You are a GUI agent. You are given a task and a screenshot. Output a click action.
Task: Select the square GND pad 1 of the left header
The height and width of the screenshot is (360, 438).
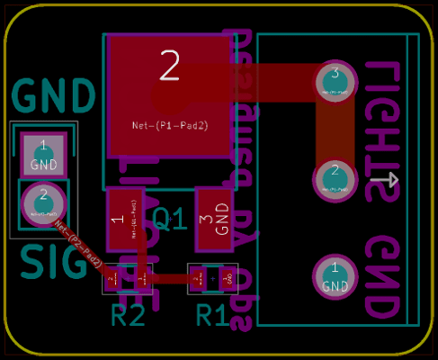point(43,155)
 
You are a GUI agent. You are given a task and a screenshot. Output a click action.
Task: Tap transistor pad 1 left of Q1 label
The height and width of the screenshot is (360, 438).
point(124,220)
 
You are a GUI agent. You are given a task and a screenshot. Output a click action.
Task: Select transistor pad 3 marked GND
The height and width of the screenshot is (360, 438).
point(214,220)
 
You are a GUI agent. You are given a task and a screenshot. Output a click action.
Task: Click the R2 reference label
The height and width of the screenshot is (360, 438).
point(128,315)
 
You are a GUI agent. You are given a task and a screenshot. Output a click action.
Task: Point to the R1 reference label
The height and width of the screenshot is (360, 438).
point(212,315)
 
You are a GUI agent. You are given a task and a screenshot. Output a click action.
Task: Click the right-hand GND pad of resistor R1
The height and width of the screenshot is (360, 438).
point(227,280)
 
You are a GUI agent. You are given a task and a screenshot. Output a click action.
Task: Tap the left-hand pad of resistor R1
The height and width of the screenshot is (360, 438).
point(197,280)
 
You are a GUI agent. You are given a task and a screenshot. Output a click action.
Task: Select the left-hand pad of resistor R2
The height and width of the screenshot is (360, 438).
point(112,280)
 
